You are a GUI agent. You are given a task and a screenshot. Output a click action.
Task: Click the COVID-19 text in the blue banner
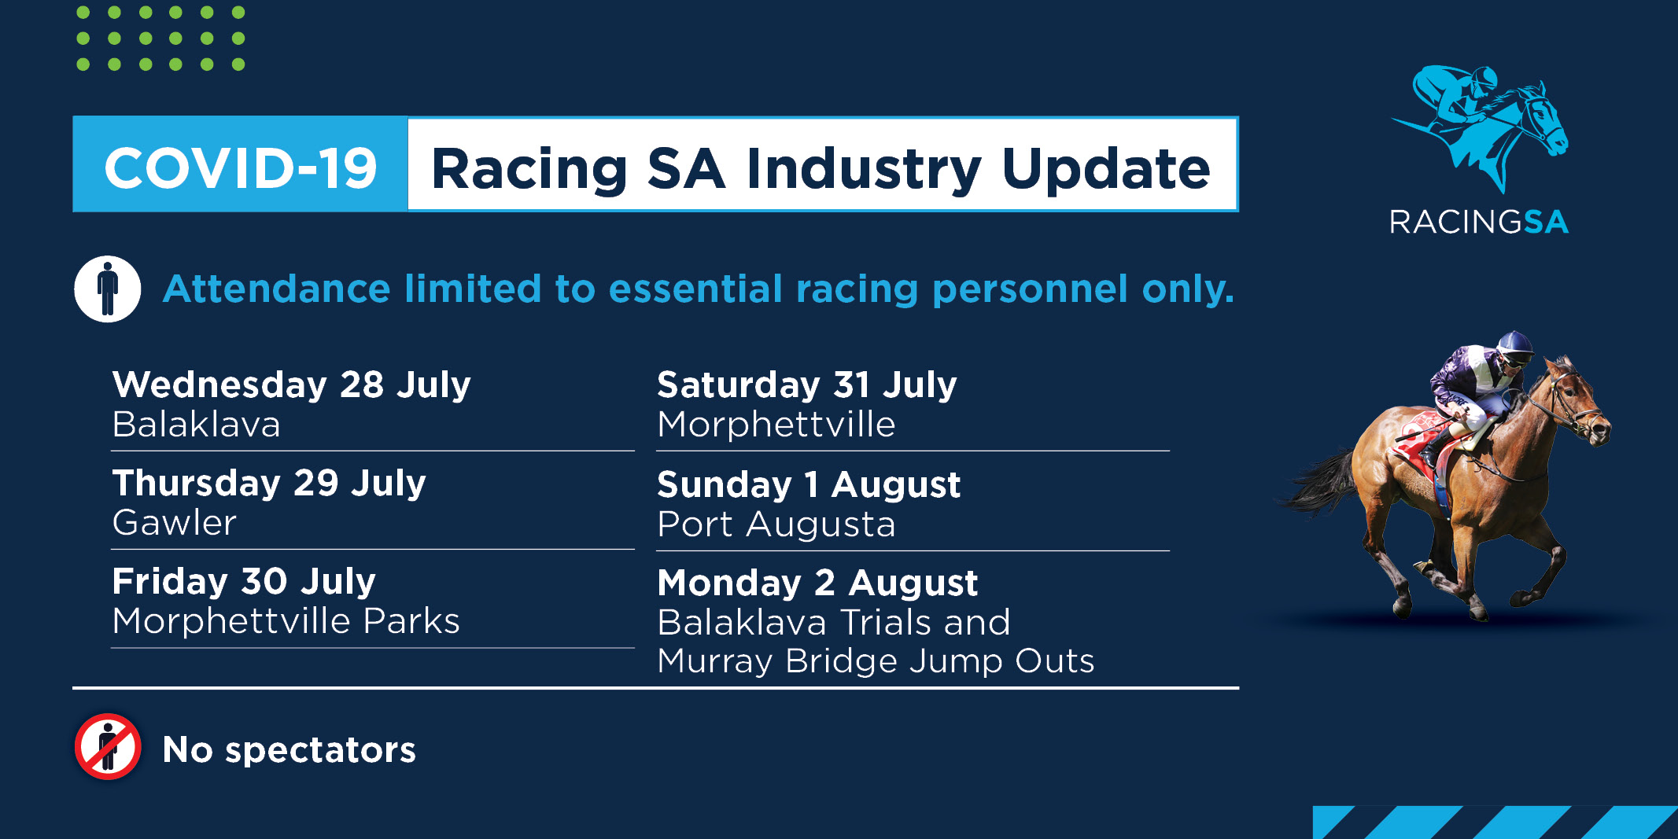pyautogui.click(x=241, y=168)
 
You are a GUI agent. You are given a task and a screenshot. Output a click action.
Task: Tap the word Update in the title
pyautogui.click(x=1106, y=170)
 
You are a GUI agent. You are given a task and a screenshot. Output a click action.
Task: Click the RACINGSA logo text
pyautogui.click(x=1479, y=222)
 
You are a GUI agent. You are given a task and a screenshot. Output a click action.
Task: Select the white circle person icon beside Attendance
pyautogui.click(x=108, y=289)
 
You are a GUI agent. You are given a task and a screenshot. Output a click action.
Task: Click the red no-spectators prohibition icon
pyautogui.click(x=108, y=747)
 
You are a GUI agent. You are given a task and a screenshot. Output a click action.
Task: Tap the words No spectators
pyautogui.click(x=289, y=749)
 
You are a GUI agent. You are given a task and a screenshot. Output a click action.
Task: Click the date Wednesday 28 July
pyautogui.click(x=291, y=385)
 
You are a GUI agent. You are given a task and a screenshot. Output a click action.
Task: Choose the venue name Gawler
pyautogui.click(x=174, y=523)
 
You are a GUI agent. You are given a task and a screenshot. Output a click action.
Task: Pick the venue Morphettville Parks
pyautogui.click(x=286, y=621)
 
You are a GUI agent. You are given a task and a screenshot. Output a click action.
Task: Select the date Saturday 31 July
pyautogui.click(x=807, y=385)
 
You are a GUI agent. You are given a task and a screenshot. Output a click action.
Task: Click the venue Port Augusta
pyautogui.click(x=776, y=524)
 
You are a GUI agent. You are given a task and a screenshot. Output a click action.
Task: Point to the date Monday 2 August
pyautogui.click(x=817, y=583)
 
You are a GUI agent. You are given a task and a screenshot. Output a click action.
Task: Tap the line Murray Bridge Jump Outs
pyautogui.click(x=876, y=661)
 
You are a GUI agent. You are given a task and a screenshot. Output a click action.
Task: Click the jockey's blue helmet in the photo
pyautogui.click(x=1514, y=345)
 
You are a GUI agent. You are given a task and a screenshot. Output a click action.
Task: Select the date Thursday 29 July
pyautogui.click(x=269, y=483)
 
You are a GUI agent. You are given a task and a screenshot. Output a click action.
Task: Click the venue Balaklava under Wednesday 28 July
pyautogui.click(x=196, y=425)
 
